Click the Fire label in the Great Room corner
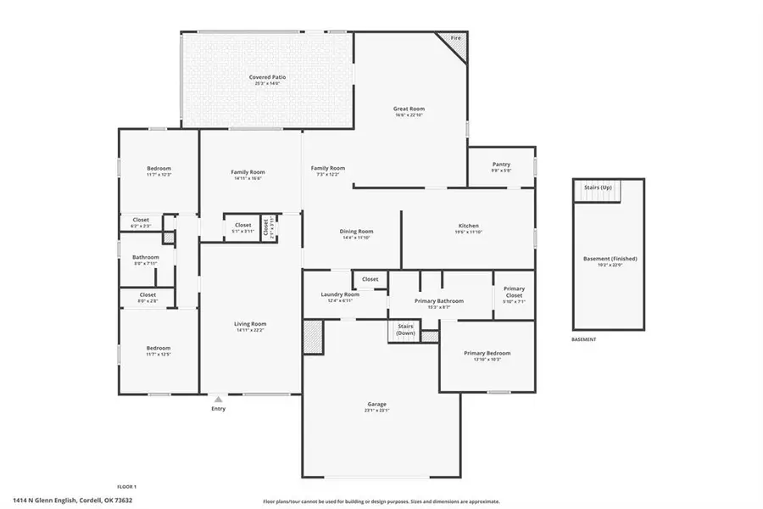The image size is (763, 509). (x=455, y=38)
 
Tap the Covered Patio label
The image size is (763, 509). (x=267, y=77)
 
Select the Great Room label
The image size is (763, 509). (x=409, y=109)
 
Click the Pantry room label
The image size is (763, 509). (x=501, y=165)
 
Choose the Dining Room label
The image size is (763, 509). (x=357, y=231)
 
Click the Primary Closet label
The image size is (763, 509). (x=515, y=293)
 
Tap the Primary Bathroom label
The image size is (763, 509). (x=438, y=301)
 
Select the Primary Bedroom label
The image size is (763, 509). (x=487, y=353)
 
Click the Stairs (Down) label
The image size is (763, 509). (x=405, y=330)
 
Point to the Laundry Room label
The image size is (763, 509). (x=340, y=294)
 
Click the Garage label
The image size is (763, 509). (x=376, y=404)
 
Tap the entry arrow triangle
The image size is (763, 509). (x=219, y=398)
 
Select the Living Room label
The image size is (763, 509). (x=251, y=323)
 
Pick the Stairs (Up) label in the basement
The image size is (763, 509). (x=598, y=187)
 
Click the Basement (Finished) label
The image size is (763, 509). (x=610, y=258)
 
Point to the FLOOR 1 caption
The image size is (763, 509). (x=126, y=486)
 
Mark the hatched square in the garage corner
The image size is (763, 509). (x=314, y=337)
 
